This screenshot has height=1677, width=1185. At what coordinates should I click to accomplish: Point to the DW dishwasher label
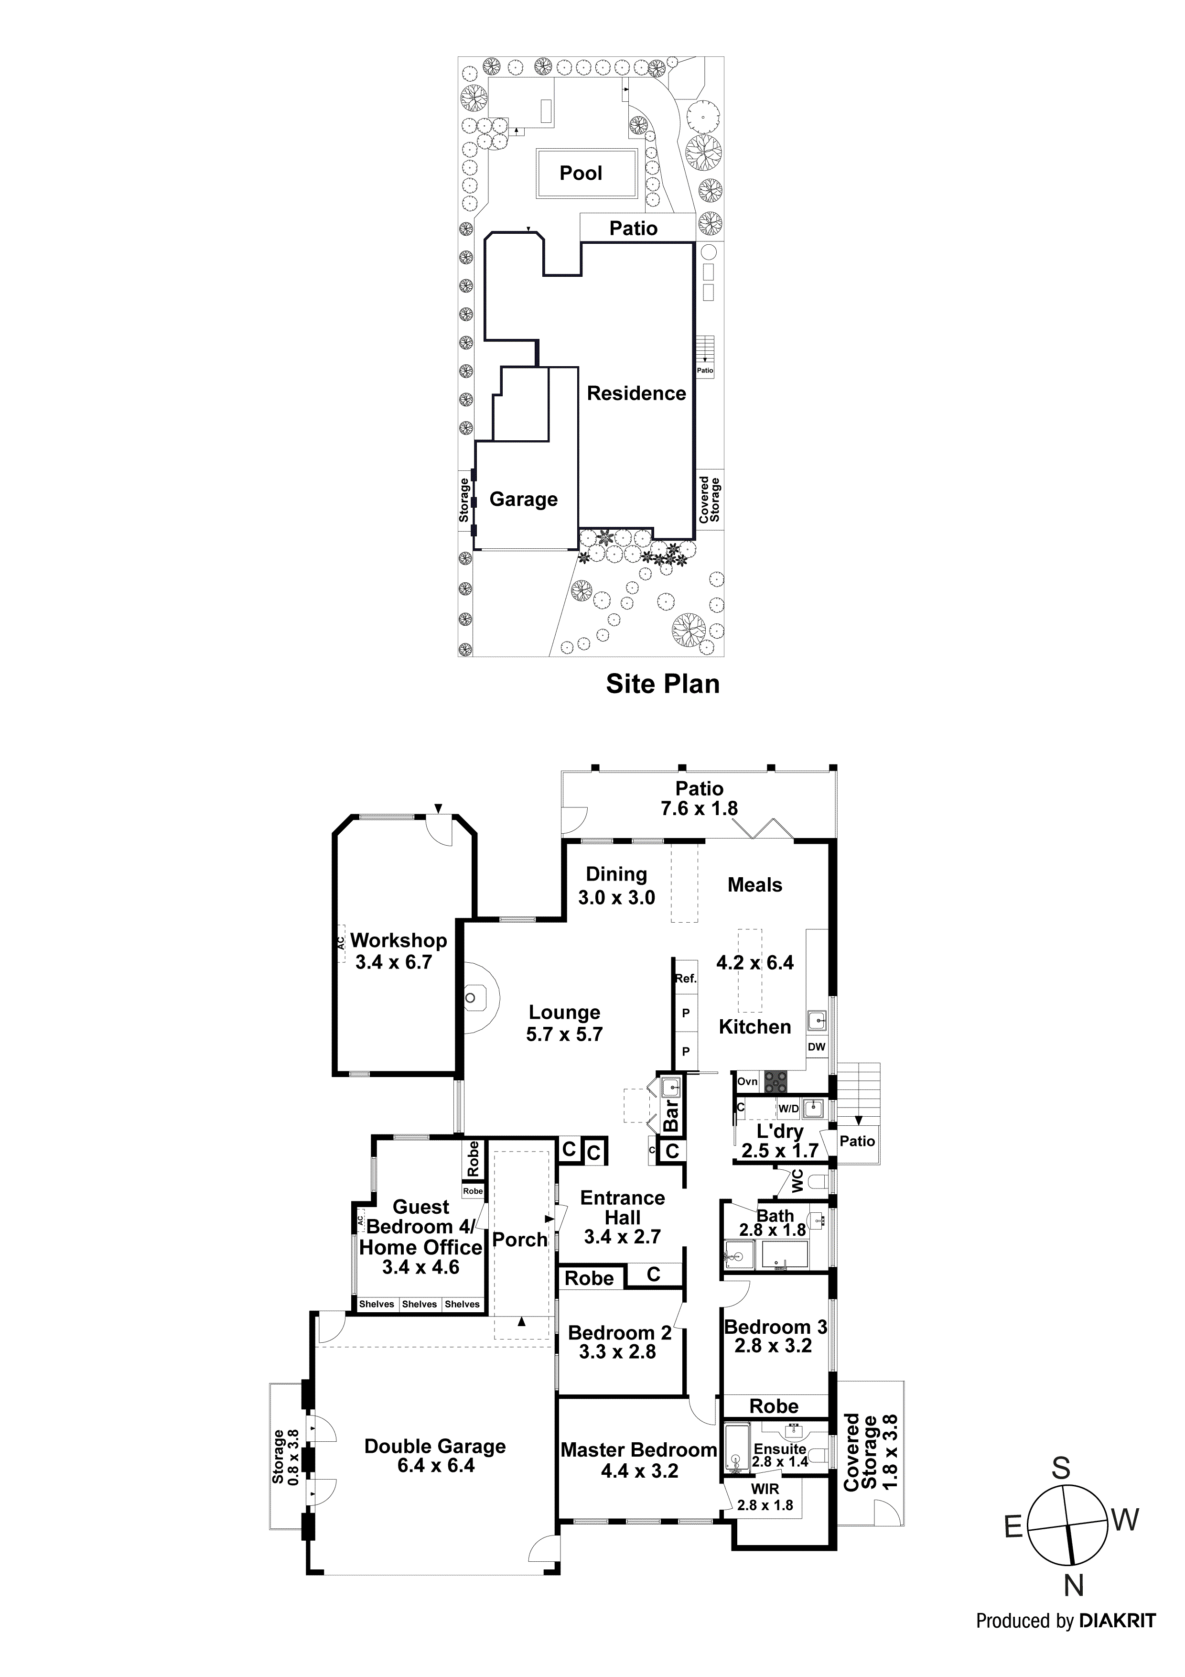point(816,1046)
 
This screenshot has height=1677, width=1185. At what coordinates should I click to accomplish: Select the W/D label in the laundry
point(788,1109)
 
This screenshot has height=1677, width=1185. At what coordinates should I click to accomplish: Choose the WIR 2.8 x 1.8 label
point(765,1497)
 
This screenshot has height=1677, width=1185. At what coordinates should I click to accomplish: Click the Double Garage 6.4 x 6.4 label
point(435,1456)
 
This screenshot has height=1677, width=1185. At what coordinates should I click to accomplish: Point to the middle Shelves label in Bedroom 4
point(419,1304)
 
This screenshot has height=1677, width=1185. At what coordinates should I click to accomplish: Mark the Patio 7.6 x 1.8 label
point(699,798)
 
